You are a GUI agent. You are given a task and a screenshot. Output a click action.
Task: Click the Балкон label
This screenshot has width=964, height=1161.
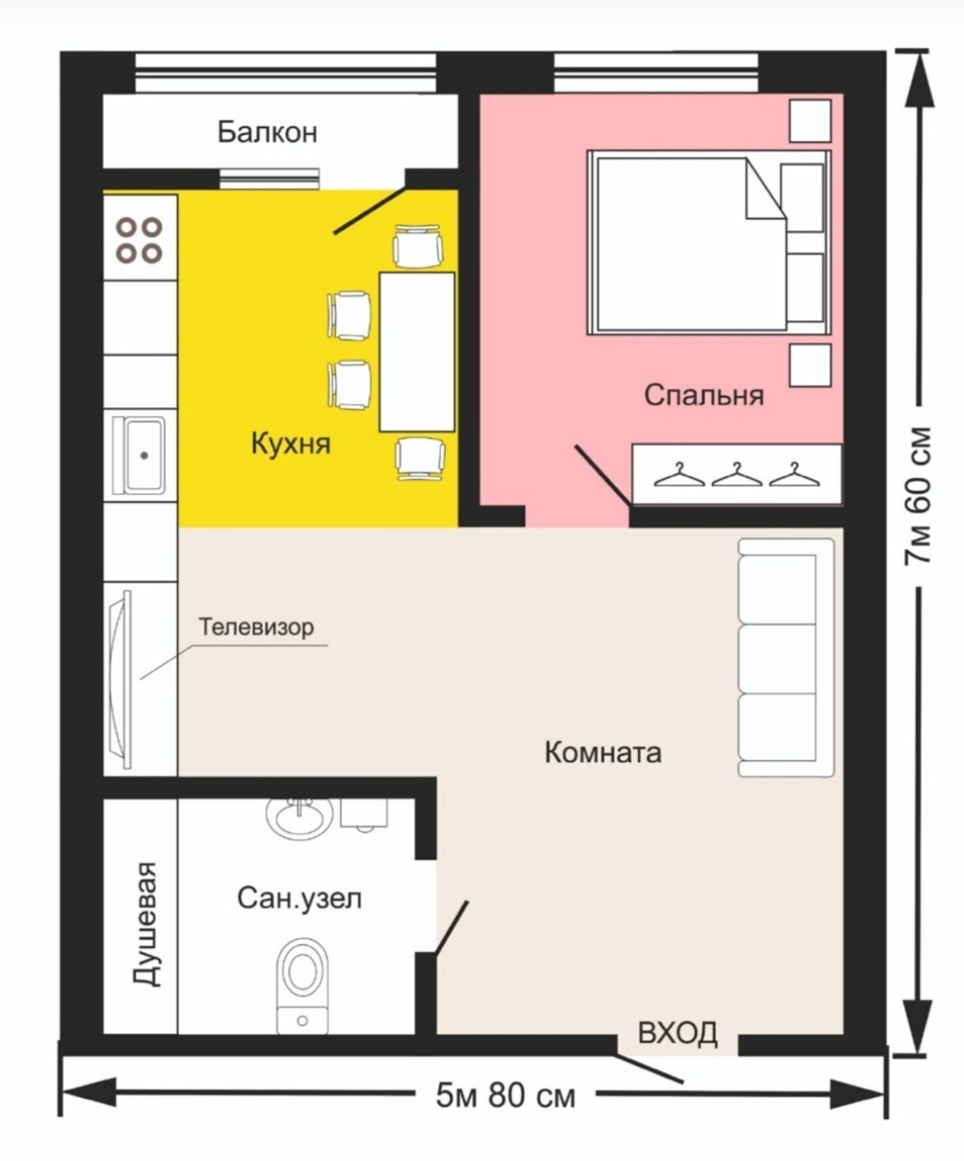[x=267, y=132]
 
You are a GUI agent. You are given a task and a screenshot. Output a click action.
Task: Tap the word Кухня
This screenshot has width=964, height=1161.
[x=291, y=443]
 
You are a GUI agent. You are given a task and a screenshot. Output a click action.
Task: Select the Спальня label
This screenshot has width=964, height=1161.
[x=704, y=395]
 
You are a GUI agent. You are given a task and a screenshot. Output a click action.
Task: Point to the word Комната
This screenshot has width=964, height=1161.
[x=603, y=752]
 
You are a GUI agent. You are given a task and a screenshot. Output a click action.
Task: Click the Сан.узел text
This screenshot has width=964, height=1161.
[x=299, y=898]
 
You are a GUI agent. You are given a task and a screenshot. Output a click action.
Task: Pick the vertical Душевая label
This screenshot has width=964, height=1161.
[x=145, y=924]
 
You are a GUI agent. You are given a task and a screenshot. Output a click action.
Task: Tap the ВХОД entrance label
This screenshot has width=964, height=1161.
[x=678, y=1033]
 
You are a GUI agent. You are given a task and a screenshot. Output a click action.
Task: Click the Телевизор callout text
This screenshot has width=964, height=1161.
[x=256, y=626]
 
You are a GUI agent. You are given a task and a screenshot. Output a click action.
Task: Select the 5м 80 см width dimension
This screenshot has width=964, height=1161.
[x=506, y=1095]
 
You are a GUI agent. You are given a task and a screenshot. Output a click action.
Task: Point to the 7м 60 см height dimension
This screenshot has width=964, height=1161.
[x=917, y=496]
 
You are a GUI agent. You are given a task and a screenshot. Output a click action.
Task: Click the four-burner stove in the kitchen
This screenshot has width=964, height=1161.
[x=140, y=239]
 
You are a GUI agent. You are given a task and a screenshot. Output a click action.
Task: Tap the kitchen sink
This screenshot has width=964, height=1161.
[x=144, y=455]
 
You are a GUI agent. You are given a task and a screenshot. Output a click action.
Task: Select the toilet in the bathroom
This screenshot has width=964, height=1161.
[x=302, y=985]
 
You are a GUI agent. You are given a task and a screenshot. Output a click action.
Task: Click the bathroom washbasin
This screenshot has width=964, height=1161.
[x=300, y=818]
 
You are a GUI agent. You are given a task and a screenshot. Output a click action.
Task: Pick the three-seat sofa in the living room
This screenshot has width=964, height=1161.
[x=786, y=657]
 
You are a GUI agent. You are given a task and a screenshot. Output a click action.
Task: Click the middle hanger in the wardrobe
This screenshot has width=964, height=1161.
[x=736, y=475]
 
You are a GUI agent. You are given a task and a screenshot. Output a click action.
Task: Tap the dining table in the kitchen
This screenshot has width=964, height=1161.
[x=417, y=352]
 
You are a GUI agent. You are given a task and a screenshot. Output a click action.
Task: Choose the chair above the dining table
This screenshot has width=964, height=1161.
[x=418, y=246]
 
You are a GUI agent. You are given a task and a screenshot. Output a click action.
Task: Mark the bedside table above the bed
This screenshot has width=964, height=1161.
[x=809, y=120]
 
